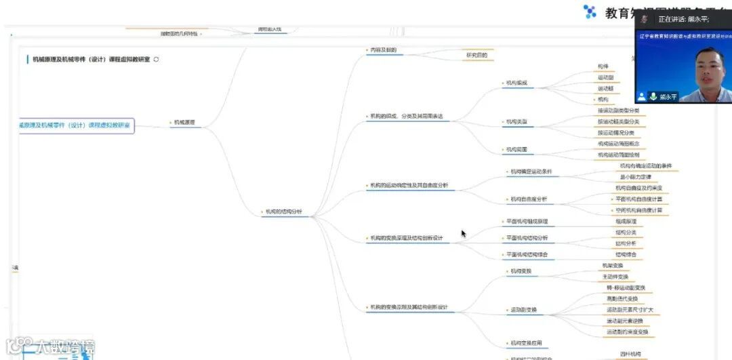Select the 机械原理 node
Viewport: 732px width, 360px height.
click(184, 123)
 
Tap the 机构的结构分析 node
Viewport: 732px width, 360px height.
click(284, 212)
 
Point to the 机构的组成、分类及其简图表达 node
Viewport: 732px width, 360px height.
click(406, 116)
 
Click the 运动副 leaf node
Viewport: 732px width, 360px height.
click(606, 78)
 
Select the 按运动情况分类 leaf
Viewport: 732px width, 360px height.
click(616, 133)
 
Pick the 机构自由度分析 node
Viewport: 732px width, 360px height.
click(529, 199)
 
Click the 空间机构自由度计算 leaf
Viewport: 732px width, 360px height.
click(638, 210)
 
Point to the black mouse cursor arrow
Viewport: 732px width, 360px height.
click(464, 233)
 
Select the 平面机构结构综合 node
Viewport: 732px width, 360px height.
click(527, 255)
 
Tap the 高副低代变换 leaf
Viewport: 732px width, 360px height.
click(622, 299)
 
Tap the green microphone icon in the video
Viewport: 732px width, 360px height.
click(654, 96)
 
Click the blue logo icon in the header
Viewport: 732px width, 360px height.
click(590, 12)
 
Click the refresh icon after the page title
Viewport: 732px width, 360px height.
click(157, 60)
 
